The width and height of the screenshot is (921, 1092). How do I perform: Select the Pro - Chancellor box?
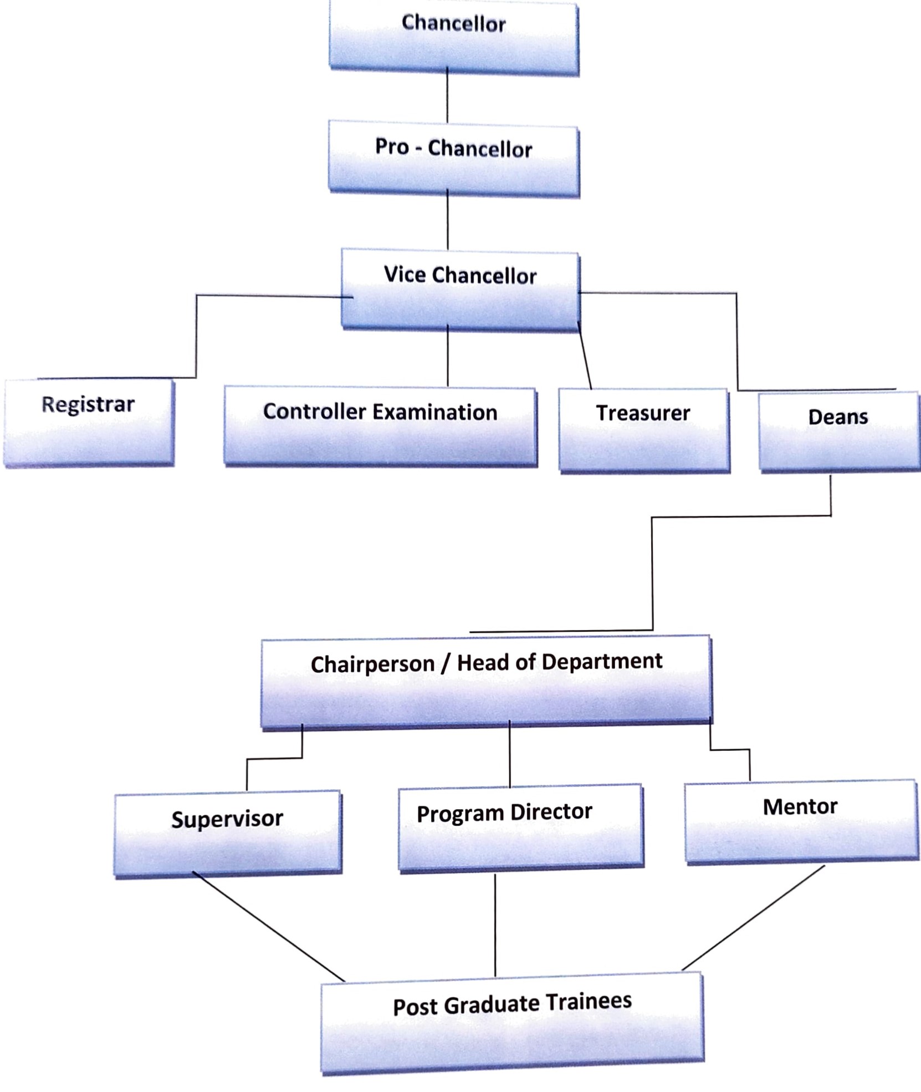(454, 159)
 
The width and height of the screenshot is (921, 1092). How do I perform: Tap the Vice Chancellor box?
(460, 289)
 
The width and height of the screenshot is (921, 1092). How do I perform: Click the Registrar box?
(89, 423)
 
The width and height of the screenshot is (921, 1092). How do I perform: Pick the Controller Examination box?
(380, 426)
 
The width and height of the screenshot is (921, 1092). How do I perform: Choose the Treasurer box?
(644, 430)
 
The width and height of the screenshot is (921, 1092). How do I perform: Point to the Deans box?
(839, 431)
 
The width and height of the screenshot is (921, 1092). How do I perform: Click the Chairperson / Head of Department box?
(487, 682)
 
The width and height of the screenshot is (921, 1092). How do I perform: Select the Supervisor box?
(228, 834)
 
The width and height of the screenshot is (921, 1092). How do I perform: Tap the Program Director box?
(521, 827)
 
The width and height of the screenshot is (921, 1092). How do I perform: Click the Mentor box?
(802, 821)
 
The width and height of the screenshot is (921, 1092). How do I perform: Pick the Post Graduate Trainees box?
(513, 1023)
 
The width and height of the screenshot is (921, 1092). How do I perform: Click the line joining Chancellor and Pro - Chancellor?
(447, 95)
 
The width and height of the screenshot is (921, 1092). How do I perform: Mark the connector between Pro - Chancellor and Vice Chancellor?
(448, 220)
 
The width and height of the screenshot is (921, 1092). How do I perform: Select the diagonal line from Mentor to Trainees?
(753, 918)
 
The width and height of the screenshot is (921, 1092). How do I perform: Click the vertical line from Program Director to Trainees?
(495, 925)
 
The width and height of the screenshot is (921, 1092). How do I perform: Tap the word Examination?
(434, 413)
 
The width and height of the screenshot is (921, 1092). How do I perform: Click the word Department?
(602, 662)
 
